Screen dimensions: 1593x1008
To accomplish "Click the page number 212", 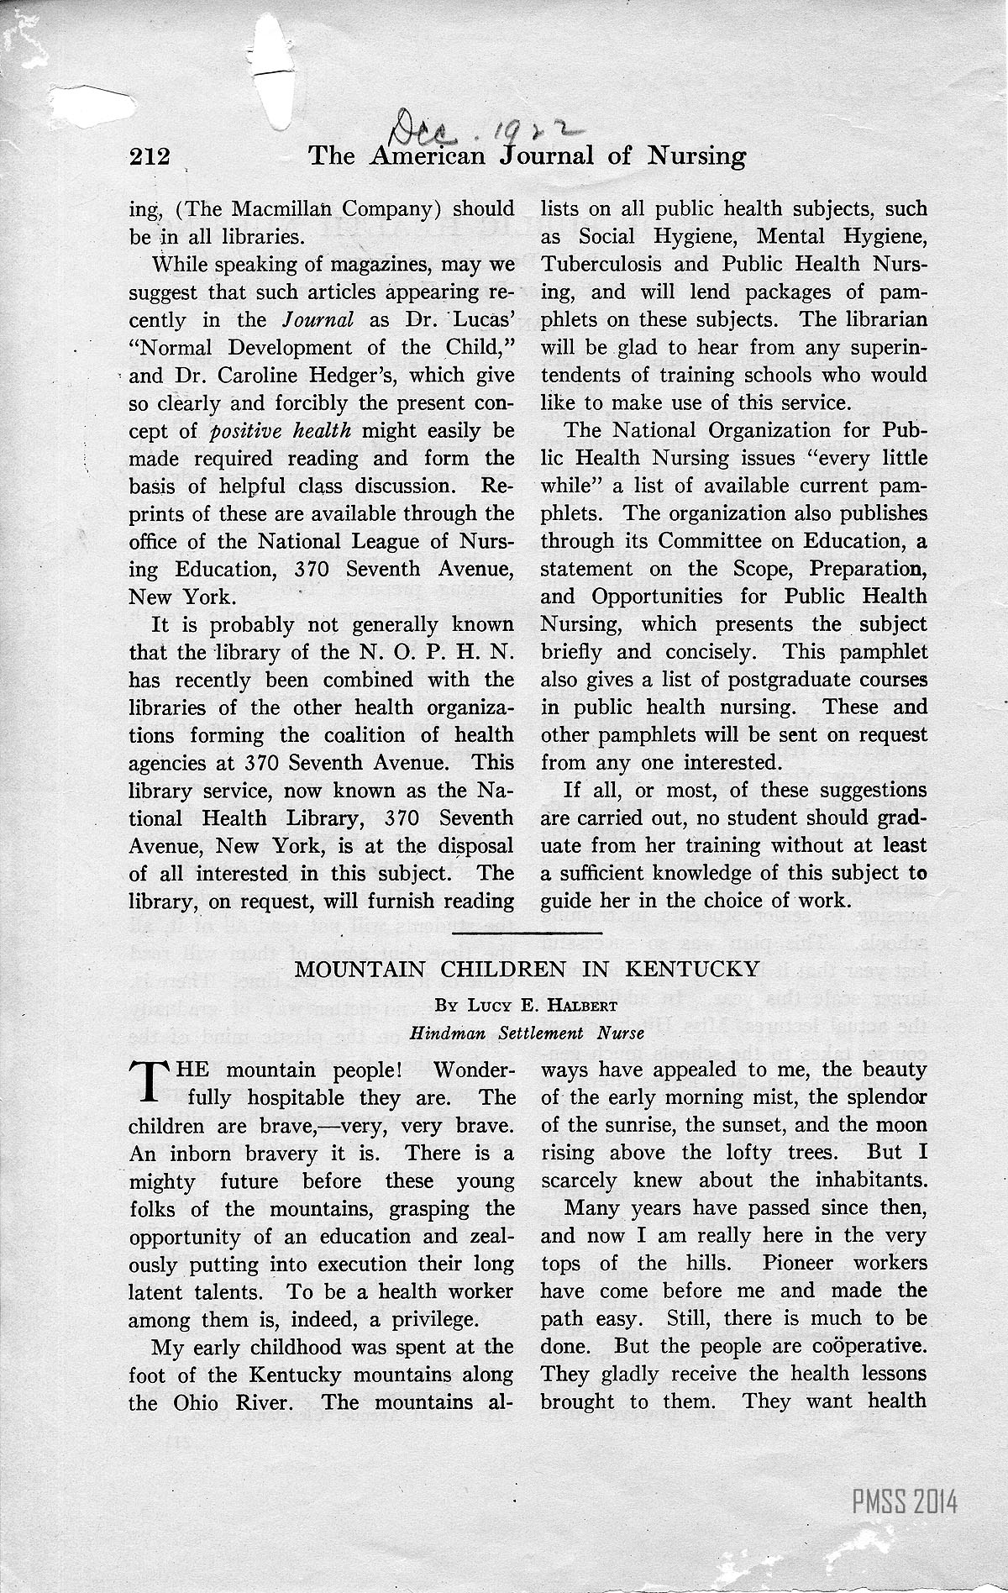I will tap(150, 156).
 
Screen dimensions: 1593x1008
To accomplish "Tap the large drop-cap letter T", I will tap(146, 1082).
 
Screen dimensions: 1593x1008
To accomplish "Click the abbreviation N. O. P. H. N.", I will tap(438, 651).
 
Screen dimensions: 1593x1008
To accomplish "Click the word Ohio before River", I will tap(190, 1402).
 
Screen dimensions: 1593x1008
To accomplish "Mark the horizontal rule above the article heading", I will tap(527, 932).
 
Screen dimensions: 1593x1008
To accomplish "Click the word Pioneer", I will tap(803, 1263).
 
